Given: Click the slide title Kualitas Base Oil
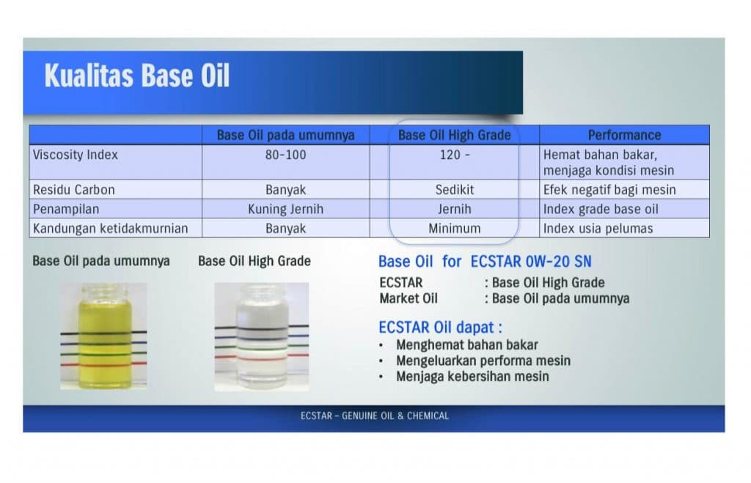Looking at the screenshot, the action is (x=137, y=75).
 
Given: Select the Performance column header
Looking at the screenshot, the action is (x=624, y=135).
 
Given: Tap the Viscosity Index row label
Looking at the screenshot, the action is (x=76, y=155).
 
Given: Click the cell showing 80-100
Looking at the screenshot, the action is (x=285, y=155).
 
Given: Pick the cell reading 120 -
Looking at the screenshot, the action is (x=455, y=155).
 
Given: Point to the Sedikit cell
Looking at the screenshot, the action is (x=455, y=190).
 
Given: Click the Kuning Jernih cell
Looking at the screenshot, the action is (x=285, y=209).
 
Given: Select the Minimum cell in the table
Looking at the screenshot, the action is (x=455, y=229).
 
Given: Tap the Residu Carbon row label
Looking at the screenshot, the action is (x=74, y=190).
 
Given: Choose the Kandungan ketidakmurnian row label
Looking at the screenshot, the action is (x=110, y=229).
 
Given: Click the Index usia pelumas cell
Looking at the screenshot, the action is (x=598, y=229).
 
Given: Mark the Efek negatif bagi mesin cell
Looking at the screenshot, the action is (x=609, y=190).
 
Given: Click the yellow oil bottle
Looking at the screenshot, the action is (x=103, y=336).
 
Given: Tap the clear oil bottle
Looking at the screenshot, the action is (x=262, y=336).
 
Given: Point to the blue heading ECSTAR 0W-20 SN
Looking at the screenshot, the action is (x=531, y=262).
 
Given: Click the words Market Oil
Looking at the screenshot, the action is (x=409, y=298).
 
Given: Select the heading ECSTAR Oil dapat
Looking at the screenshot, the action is (x=440, y=328).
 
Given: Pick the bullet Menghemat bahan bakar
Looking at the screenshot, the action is (x=467, y=344).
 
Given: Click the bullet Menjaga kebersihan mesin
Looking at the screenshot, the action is (x=472, y=376).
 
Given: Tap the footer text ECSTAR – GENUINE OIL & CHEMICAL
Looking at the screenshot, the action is (x=375, y=416).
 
